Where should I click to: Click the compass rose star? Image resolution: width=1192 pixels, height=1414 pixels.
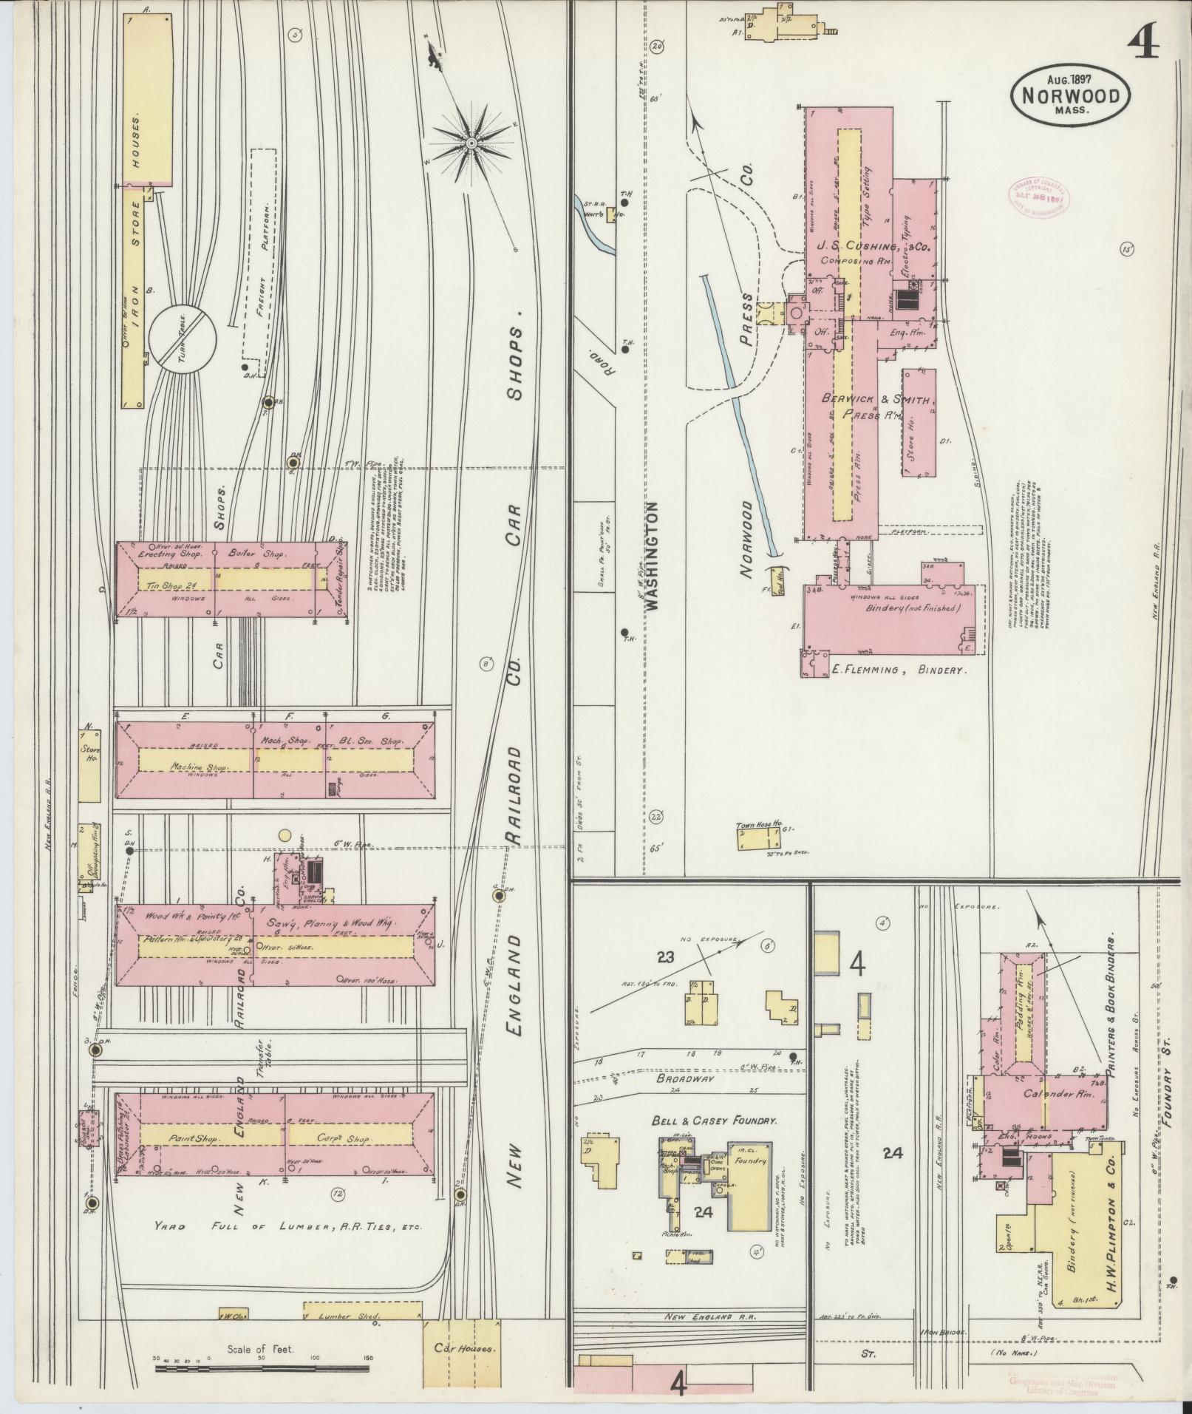coord(471,141)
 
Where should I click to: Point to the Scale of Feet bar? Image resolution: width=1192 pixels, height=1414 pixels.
coord(262,1369)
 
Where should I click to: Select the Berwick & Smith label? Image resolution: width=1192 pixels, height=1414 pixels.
coord(876,399)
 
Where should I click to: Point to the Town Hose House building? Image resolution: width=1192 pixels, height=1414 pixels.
coord(759,837)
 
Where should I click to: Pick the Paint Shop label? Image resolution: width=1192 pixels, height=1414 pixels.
coord(191,1158)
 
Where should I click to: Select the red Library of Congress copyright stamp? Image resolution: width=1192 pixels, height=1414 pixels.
coord(1036,197)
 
